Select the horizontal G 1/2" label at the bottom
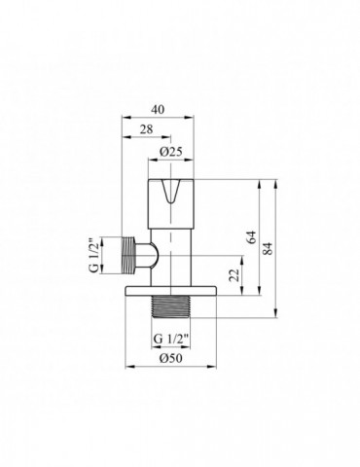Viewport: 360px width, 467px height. click(x=170, y=337)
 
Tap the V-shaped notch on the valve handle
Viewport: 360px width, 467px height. click(x=176, y=195)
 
